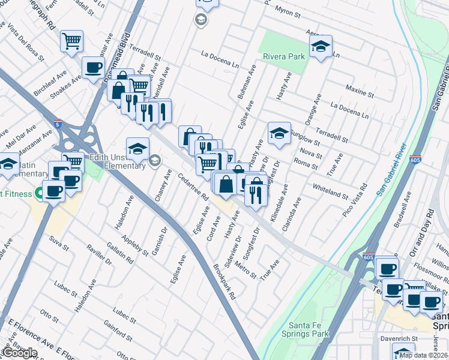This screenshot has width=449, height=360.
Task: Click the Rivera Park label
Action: pos(284,57)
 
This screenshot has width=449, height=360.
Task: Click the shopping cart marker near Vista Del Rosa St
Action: pos(71,42)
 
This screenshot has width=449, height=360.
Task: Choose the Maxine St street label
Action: pos(360,91)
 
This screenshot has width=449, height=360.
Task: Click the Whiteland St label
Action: pos(330,191)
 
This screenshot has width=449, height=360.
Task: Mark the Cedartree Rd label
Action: pos(193,186)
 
